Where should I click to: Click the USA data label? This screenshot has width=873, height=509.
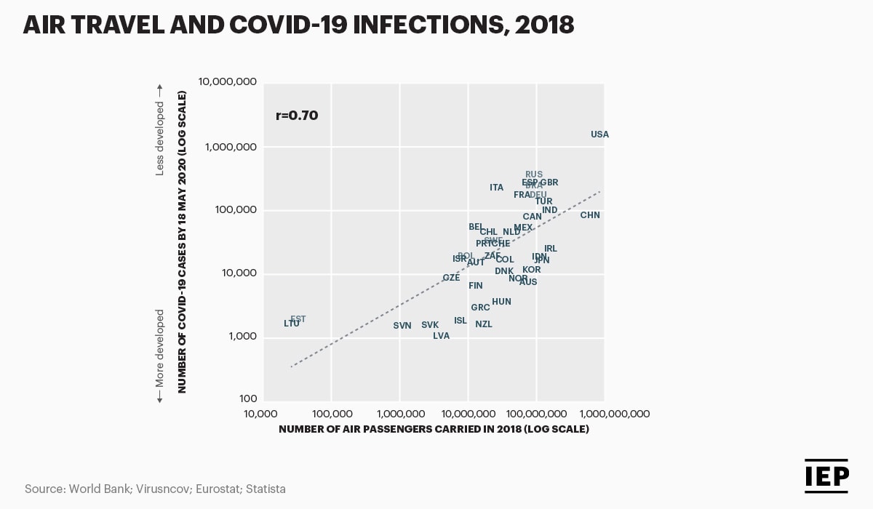pos(599,135)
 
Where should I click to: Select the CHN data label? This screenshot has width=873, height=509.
pos(590,215)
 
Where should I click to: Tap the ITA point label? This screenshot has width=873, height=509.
pos(497,188)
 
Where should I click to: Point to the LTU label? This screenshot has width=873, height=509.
pos(292,324)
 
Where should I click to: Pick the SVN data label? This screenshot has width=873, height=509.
pos(402,326)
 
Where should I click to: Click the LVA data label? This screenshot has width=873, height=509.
pos(442,336)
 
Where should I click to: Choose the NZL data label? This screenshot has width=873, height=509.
pos(484,324)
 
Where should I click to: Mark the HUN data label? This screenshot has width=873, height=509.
pos(501,302)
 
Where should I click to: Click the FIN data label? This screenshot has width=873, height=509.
pos(476,286)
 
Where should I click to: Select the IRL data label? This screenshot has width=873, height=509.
pos(551,249)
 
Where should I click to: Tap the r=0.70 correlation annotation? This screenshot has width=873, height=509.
pos(297,115)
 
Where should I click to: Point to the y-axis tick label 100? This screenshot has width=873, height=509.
pos(247,399)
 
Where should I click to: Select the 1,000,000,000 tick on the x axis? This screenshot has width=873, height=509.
pos(605,414)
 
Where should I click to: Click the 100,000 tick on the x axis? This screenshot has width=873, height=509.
pos(332,414)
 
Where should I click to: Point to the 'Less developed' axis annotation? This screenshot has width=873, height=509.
pos(160,138)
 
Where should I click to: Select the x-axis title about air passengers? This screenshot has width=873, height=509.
pos(434,429)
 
